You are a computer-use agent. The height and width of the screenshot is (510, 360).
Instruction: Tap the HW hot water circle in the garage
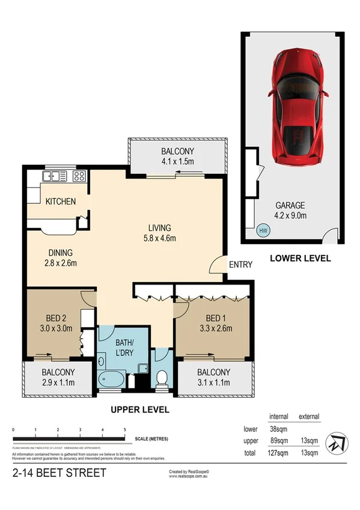pos(263,230)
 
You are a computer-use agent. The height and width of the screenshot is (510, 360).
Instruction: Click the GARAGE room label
pos(290,204)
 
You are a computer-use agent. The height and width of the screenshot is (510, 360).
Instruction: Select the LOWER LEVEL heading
pos(300,259)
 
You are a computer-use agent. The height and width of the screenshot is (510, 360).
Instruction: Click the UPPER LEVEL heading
pos(139,410)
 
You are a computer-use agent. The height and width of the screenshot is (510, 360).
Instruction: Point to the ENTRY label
pos(240,265)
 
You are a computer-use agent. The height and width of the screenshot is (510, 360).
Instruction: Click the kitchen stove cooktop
pos(79,176)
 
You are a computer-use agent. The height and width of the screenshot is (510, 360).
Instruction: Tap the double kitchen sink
pos(55,176)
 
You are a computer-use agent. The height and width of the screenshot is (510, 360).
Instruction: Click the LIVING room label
pos(160,228)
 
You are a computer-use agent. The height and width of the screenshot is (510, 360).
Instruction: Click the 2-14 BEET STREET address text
pos(59,473)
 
